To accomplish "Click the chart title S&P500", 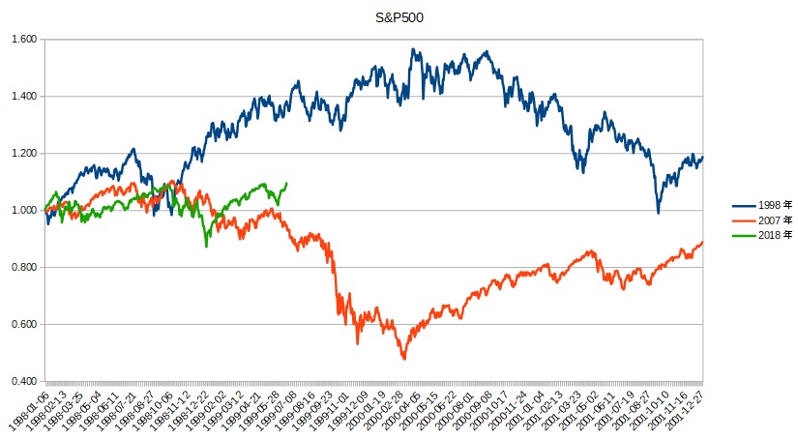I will [x=399, y=17].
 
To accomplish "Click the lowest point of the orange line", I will [x=403, y=359].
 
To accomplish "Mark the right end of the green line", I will [x=285, y=184].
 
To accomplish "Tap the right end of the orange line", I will [x=702, y=242].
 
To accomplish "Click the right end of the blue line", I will [x=702, y=157].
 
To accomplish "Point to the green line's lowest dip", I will [x=206, y=246].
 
